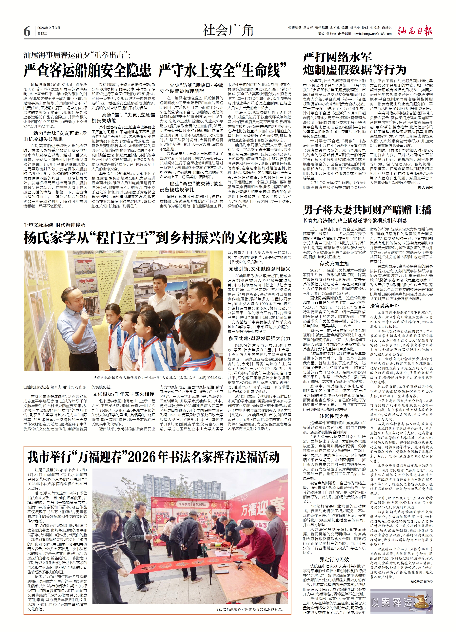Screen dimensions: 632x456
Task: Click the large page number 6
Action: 27,31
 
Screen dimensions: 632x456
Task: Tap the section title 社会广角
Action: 228,30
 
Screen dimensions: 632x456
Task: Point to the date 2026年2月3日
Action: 49,28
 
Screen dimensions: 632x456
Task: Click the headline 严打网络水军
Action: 337,57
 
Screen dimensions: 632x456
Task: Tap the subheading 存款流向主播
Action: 334,264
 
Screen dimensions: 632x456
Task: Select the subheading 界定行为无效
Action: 334,552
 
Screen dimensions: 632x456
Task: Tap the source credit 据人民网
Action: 425,187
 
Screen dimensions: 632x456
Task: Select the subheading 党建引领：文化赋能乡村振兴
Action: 259,269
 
